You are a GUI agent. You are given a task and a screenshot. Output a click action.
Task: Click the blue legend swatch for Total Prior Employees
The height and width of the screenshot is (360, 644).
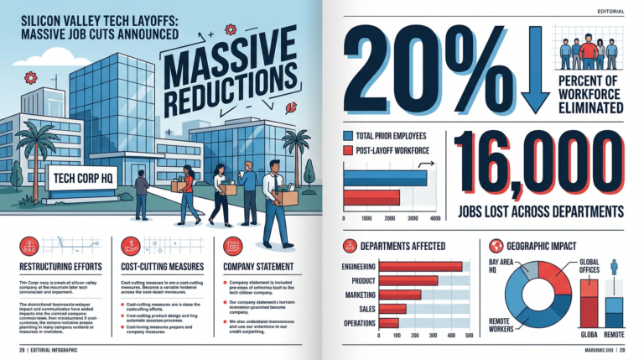click(348, 134)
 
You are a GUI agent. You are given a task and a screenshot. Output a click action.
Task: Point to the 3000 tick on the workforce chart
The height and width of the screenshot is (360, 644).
click(411, 218)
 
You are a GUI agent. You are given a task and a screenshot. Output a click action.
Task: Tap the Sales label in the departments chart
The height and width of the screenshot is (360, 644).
click(361, 309)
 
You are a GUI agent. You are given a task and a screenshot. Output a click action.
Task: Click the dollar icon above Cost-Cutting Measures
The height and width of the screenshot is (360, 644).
click(130, 245)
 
